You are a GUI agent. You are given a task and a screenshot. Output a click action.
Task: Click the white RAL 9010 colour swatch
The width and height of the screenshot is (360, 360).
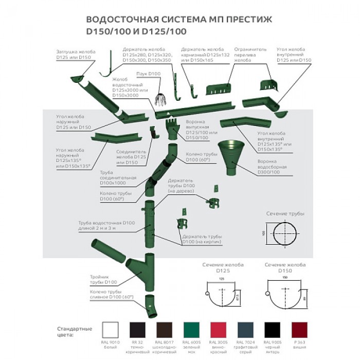[x=110, y=330]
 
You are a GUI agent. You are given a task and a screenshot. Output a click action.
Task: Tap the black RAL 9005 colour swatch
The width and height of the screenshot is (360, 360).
[x=272, y=330]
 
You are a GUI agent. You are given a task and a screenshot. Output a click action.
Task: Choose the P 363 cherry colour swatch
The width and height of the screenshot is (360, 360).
[x=299, y=330]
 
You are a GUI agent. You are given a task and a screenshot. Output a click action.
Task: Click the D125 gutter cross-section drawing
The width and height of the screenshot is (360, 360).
[x=222, y=295]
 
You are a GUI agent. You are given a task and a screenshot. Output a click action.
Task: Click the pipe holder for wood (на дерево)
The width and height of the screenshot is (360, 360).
[x=213, y=203]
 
